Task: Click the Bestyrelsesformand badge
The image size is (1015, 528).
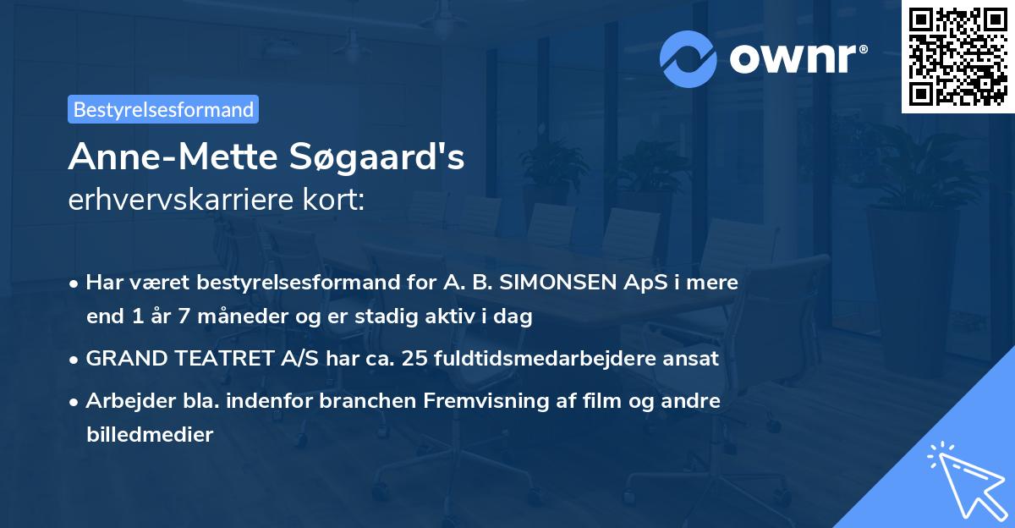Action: click(x=163, y=109)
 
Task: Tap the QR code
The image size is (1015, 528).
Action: click(x=958, y=57)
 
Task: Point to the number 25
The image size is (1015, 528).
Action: click(x=414, y=359)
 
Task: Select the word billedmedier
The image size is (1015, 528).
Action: click(x=149, y=435)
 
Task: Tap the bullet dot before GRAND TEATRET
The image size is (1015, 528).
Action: click(x=75, y=360)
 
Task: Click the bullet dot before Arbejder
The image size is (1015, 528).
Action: click(x=75, y=402)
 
